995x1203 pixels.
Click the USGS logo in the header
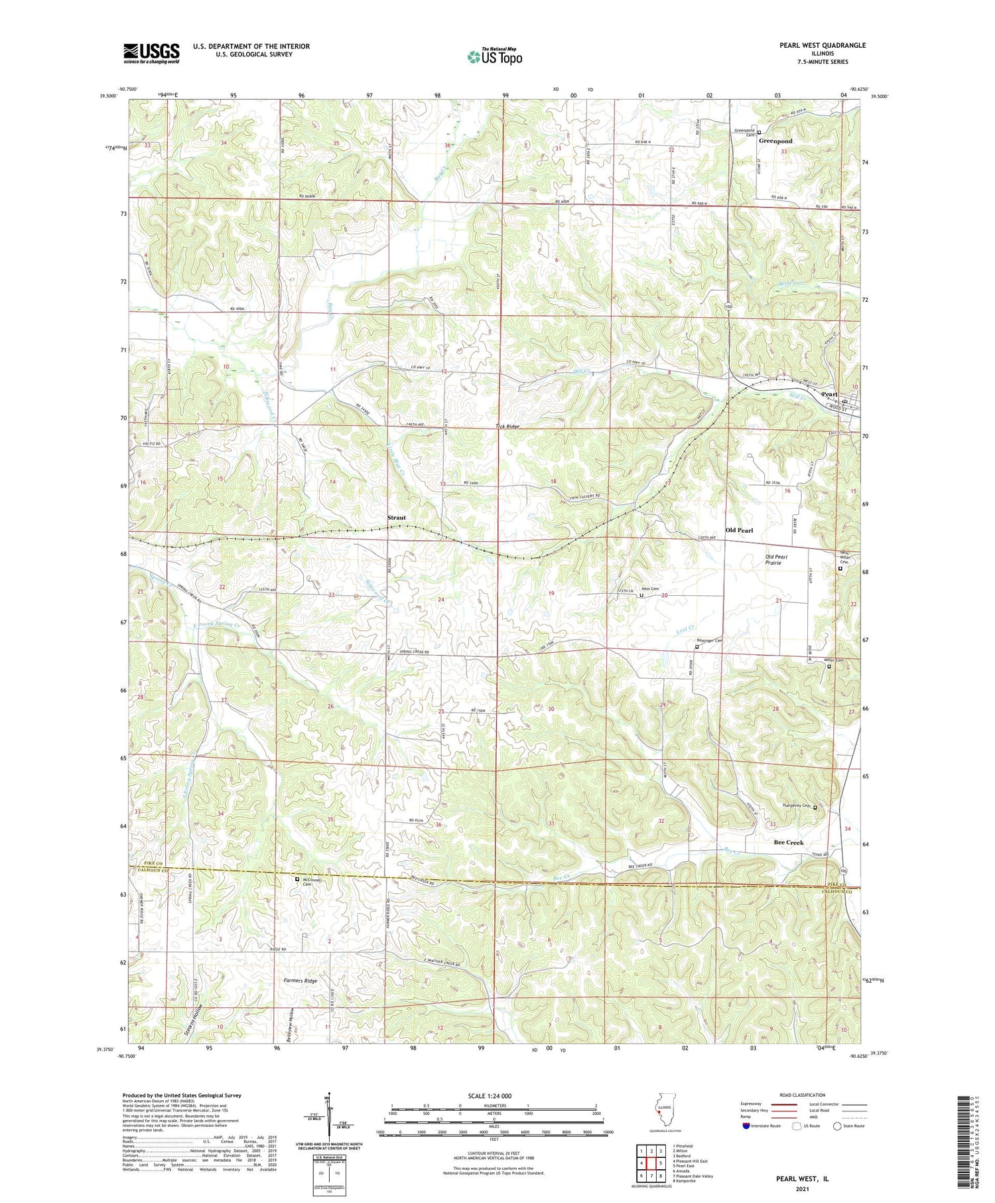point(151,53)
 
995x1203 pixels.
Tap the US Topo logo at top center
point(494,57)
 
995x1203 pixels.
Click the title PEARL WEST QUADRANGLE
point(813,45)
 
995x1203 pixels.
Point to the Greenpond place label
point(775,141)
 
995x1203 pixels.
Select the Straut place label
point(397,518)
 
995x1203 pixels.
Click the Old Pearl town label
point(739,530)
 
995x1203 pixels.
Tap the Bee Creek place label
point(788,842)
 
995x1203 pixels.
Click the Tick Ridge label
point(507,427)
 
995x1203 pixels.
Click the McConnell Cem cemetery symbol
point(297,879)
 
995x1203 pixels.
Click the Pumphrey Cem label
point(797,806)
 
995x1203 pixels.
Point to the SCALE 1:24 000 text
point(494,1096)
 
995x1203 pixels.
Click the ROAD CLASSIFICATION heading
point(802,1095)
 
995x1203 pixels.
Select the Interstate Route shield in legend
point(746,1126)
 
